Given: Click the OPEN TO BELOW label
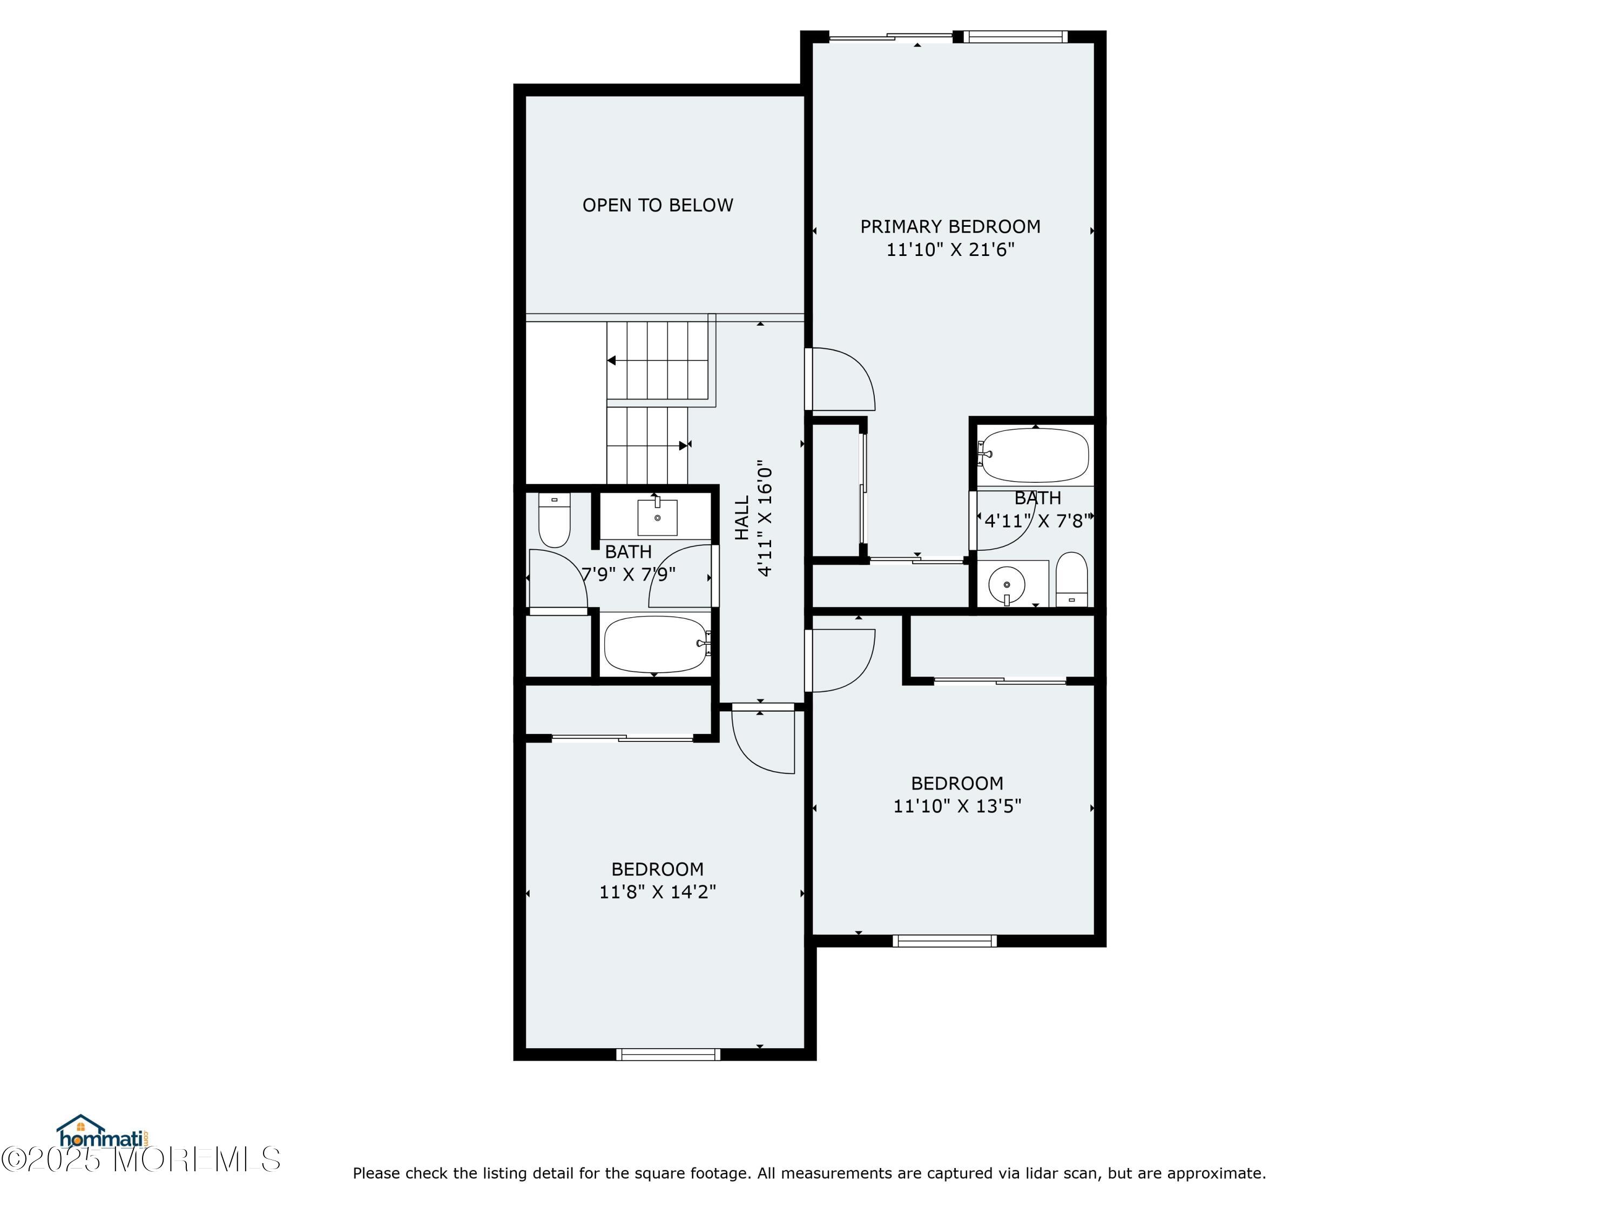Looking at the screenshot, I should [x=657, y=205].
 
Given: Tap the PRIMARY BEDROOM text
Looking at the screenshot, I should [x=950, y=226].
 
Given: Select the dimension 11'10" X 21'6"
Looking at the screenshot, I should [x=950, y=249].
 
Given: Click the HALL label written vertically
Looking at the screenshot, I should [x=742, y=518].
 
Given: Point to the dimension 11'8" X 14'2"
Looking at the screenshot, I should [x=657, y=892].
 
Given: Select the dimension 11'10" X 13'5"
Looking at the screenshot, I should [x=956, y=806].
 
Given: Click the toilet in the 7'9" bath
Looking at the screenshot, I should [x=555, y=520].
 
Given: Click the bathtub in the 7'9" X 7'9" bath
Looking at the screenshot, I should [x=654, y=644].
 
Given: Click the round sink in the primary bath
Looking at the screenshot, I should [x=1007, y=584].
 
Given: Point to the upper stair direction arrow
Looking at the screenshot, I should [x=611, y=360].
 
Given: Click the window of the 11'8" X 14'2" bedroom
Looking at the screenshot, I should [x=668, y=1055].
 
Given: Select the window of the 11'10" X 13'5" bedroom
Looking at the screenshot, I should [x=944, y=941].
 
